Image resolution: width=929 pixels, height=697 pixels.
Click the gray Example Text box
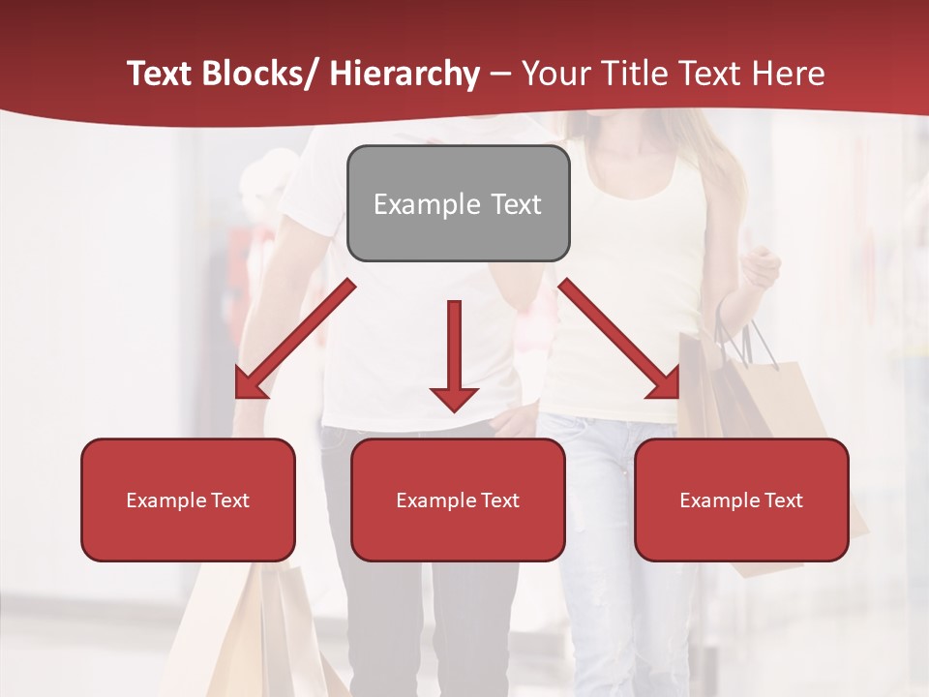click(458, 203)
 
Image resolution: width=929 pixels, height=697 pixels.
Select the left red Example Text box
click(188, 500)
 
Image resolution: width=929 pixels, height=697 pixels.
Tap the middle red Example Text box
click(458, 500)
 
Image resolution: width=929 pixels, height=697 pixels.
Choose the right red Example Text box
click(741, 500)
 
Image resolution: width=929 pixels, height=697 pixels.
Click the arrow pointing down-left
click(294, 340)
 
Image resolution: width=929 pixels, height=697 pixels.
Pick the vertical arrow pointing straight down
click(454, 354)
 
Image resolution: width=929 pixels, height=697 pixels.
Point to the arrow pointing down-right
click(619, 339)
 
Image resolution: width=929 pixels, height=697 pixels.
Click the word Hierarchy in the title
click(405, 75)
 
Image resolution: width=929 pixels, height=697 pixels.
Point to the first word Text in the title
click(161, 74)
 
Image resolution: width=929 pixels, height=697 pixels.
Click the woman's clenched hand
click(761, 267)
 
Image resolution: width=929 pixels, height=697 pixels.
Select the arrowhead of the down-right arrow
click(665, 384)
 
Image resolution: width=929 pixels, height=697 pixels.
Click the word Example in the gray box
click(413, 204)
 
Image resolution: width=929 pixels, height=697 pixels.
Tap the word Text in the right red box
click(782, 500)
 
